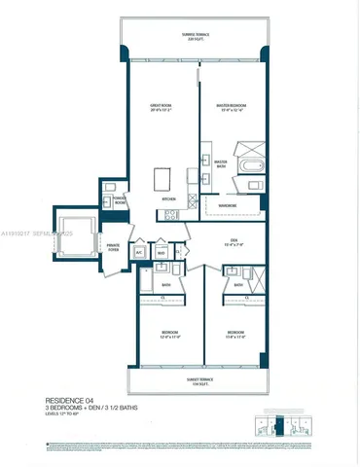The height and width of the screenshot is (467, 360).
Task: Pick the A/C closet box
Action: click(x=139, y=251)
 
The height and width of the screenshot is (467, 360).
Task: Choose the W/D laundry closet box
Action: click(x=161, y=251)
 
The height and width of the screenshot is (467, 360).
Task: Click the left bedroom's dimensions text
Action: click(x=170, y=337)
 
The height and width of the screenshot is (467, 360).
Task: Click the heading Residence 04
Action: click(x=67, y=400)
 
